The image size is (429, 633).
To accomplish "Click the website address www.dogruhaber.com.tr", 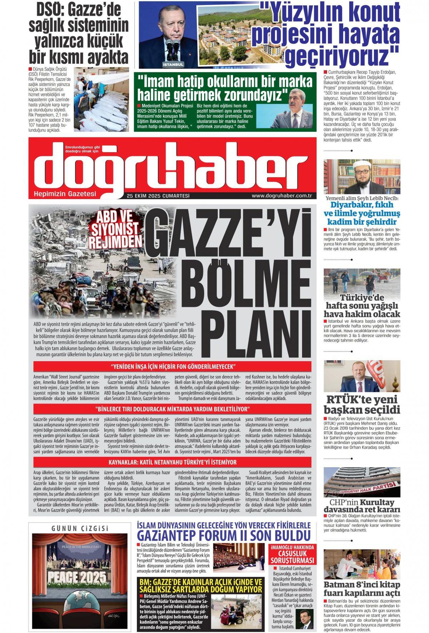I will [282, 195].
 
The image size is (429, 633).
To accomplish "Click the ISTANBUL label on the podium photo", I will [173, 65].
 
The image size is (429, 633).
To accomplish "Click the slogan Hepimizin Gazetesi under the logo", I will [65, 194].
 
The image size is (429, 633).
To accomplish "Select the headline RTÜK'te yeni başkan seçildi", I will [362, 405].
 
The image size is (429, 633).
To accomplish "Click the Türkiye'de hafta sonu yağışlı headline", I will [362, 306].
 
